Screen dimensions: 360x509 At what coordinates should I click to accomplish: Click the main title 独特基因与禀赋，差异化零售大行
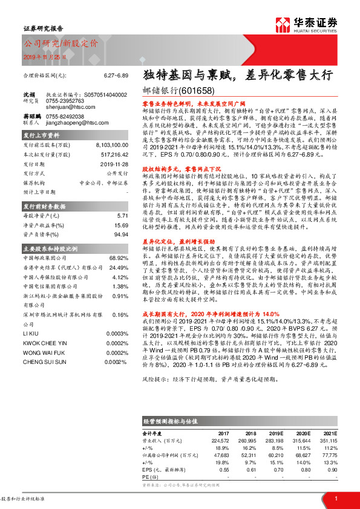(x=229, y=76)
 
